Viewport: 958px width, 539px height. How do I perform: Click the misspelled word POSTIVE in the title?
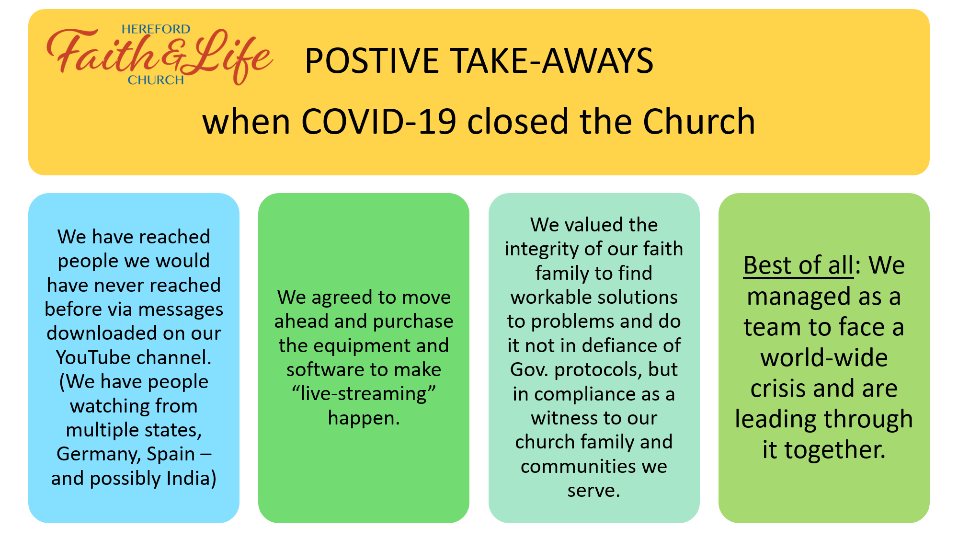point(372,61)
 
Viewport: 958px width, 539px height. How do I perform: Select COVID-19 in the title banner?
point(378,121)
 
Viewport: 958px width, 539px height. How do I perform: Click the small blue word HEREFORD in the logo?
point(156,29)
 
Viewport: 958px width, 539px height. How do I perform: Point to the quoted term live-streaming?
point(364,394)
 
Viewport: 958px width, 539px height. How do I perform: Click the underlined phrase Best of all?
point(798,265)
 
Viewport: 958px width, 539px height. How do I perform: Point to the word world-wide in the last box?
point(824,358)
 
